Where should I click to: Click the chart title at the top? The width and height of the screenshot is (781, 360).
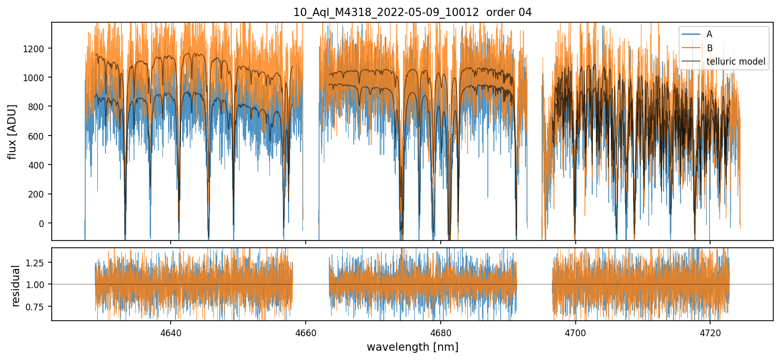click(412, 12)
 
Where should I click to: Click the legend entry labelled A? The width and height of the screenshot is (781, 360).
click(709, 34)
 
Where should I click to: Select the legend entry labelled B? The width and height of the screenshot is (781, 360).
click(709, 48)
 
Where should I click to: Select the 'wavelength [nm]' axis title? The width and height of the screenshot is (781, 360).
click(412, 347)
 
